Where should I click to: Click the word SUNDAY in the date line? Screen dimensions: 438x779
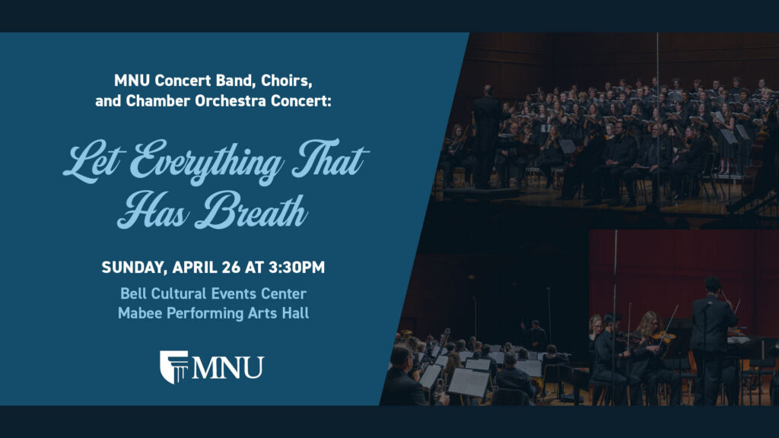pyautogui.click(x=133, y=268)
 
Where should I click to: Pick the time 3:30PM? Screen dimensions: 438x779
pyautogui.click(x=294, y=268)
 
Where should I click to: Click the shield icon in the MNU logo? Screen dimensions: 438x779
pyautogui.click(x=173, y=367)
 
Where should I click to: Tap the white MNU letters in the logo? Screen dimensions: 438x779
pyautogui.click(x=227, y=368)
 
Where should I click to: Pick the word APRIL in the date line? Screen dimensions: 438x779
pyautogui.click(x=198, y=268)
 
